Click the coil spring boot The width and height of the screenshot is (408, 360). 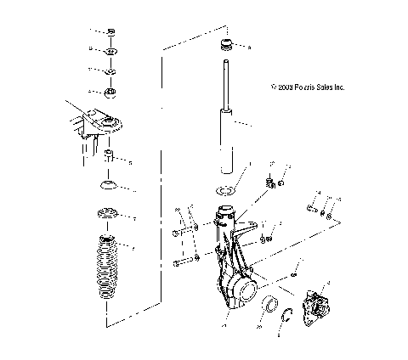[108, 273]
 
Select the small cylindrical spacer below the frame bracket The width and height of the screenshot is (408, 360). [109, 158]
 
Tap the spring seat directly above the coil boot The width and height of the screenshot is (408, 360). [109, 213]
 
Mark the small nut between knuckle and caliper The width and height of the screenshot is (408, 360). [292, 274]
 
